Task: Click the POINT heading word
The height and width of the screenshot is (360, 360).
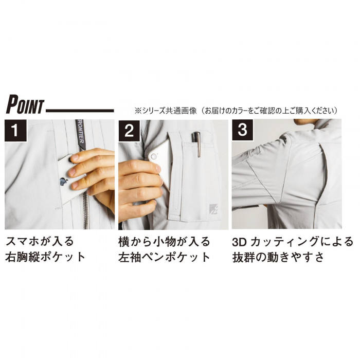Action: click(25, 105)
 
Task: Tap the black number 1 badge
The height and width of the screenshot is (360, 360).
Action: click(15, 130)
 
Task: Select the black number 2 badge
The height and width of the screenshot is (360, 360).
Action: click(129, 131)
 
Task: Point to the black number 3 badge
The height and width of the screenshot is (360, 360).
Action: click(242, 130)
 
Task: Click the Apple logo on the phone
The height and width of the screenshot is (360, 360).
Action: click(64, 181)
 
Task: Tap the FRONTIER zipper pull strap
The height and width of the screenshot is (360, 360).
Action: click(80, 134)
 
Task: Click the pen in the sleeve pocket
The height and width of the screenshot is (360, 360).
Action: click(196, 144)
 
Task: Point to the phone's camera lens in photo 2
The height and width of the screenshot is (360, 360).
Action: click(153, 156)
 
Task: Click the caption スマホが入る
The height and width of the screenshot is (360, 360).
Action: click(40, 242)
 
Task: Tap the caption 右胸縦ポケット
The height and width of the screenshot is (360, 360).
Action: click(45, 257)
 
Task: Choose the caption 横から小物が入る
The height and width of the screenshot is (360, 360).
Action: click(164, 242)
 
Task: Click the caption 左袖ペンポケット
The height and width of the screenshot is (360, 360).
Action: click(164, 257)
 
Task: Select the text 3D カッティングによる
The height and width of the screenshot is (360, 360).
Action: click(293, 242)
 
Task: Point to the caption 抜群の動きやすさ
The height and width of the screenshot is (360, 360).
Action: click(278, 257)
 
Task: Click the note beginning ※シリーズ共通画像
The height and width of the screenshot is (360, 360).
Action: click(237, 111)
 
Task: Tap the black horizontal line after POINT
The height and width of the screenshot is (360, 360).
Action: click(80, 111)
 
